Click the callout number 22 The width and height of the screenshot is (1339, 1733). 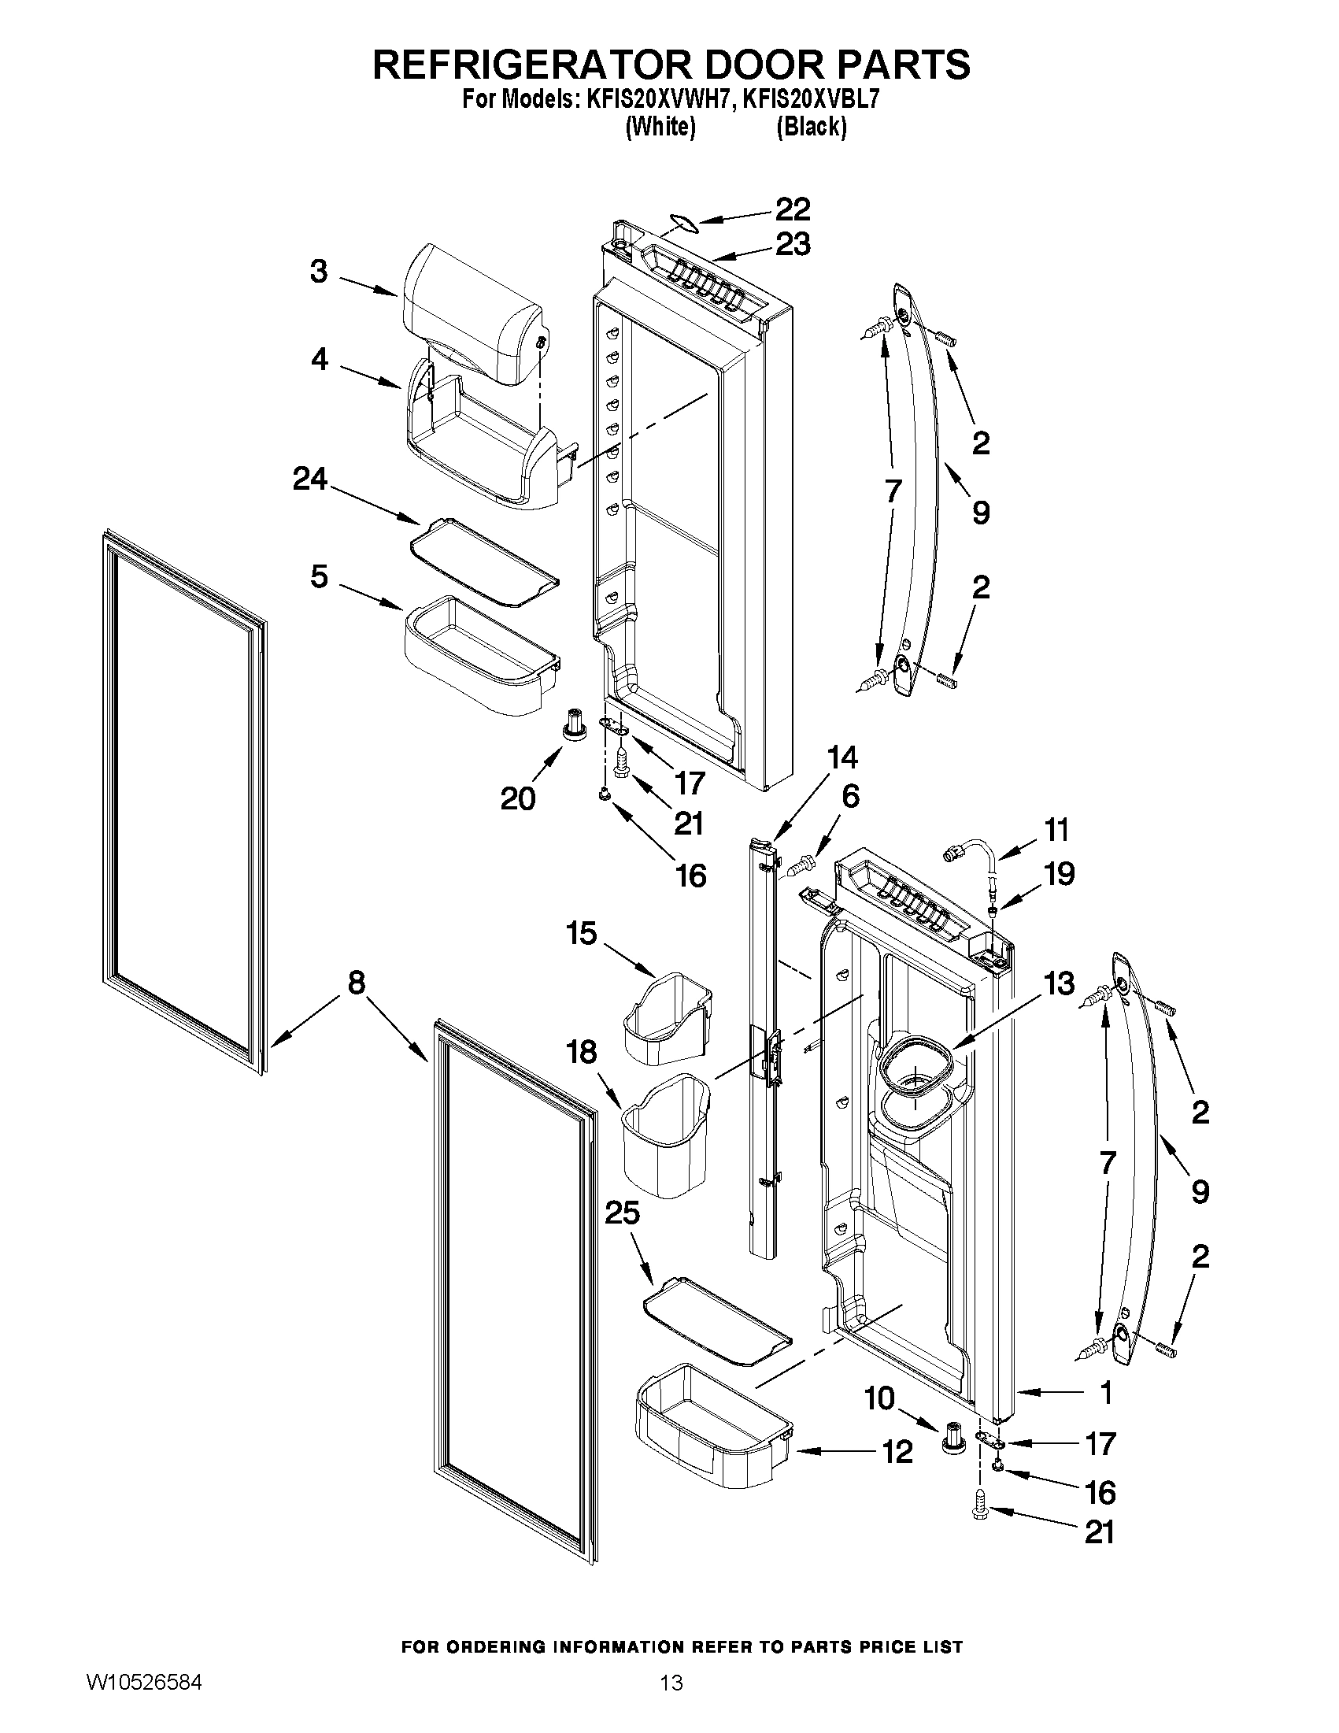[x=792, y=209]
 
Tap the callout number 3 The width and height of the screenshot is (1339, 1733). [x=318, y=272]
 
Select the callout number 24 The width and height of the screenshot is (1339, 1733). [x=309, y=479]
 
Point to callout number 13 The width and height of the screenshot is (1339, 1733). [x=1059, y=984]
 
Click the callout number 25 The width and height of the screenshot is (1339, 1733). [x=622, y=1213]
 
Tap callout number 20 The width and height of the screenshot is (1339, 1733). [x=517, y=798]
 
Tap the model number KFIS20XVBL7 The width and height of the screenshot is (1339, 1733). [x=811, y=100]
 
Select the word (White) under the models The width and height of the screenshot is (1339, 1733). [x=660, y=127]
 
